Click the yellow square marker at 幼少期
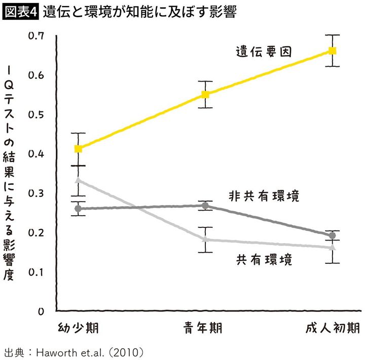pos(78,148)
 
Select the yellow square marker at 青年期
pos(205,94)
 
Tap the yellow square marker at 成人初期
pos(333,51)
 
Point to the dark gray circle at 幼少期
pos(78,209)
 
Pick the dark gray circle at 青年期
pos(205,206)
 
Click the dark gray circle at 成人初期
pos(333,235)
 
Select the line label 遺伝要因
pos(264,52)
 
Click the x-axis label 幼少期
pos(78,328)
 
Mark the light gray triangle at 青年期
pos(205,239)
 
